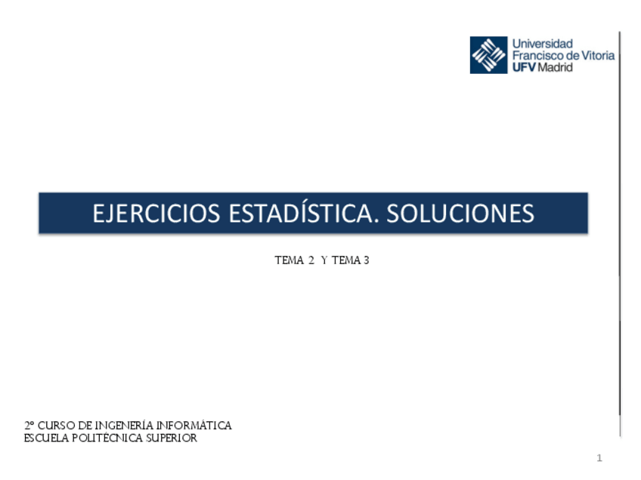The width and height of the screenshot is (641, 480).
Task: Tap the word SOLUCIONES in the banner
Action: (460, 214)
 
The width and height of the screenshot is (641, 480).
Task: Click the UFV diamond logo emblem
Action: (488, 55)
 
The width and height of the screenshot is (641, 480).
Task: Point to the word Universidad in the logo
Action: (543, 44)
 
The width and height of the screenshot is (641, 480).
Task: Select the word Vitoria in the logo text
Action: (597, 55)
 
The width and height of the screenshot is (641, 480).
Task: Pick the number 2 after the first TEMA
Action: (311, 261)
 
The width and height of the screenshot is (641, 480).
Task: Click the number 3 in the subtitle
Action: (366, 261)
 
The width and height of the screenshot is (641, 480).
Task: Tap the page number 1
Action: (599, 458)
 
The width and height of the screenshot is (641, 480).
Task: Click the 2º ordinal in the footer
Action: (29, 426)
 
